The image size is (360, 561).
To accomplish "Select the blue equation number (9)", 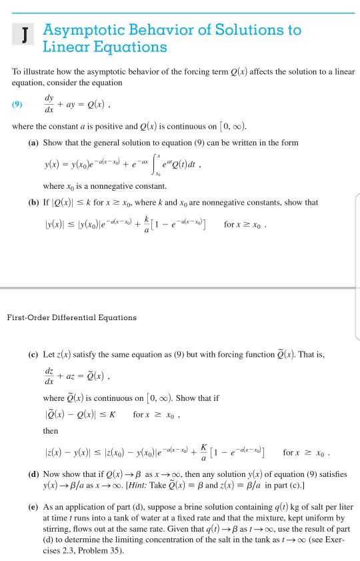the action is (x=18, y=104).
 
